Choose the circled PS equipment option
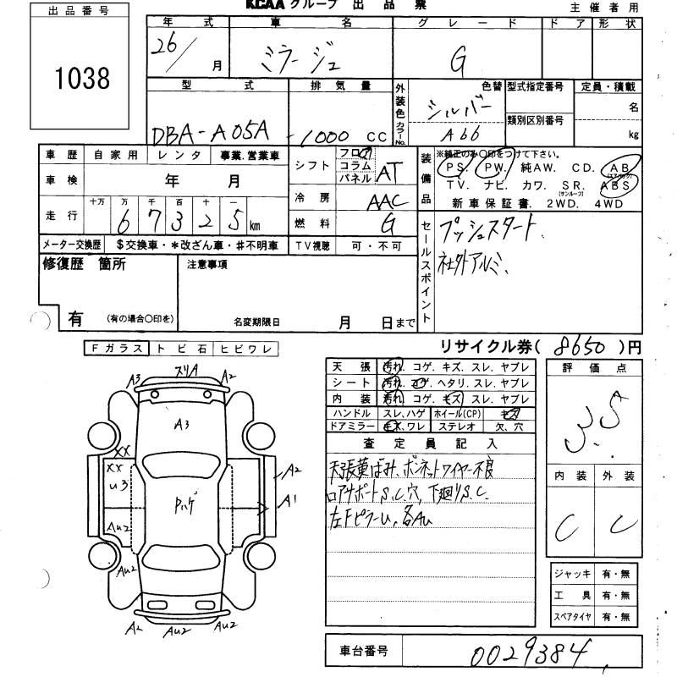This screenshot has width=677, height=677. [x=451, y=168]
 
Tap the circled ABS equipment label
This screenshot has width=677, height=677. [x=614, y=184]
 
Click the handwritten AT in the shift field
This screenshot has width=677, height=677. [x=387, y=171]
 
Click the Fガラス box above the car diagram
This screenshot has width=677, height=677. [x=116, y=349]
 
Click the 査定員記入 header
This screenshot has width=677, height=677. [x=431, y=443]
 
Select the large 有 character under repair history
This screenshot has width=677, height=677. [x=75, y=318]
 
